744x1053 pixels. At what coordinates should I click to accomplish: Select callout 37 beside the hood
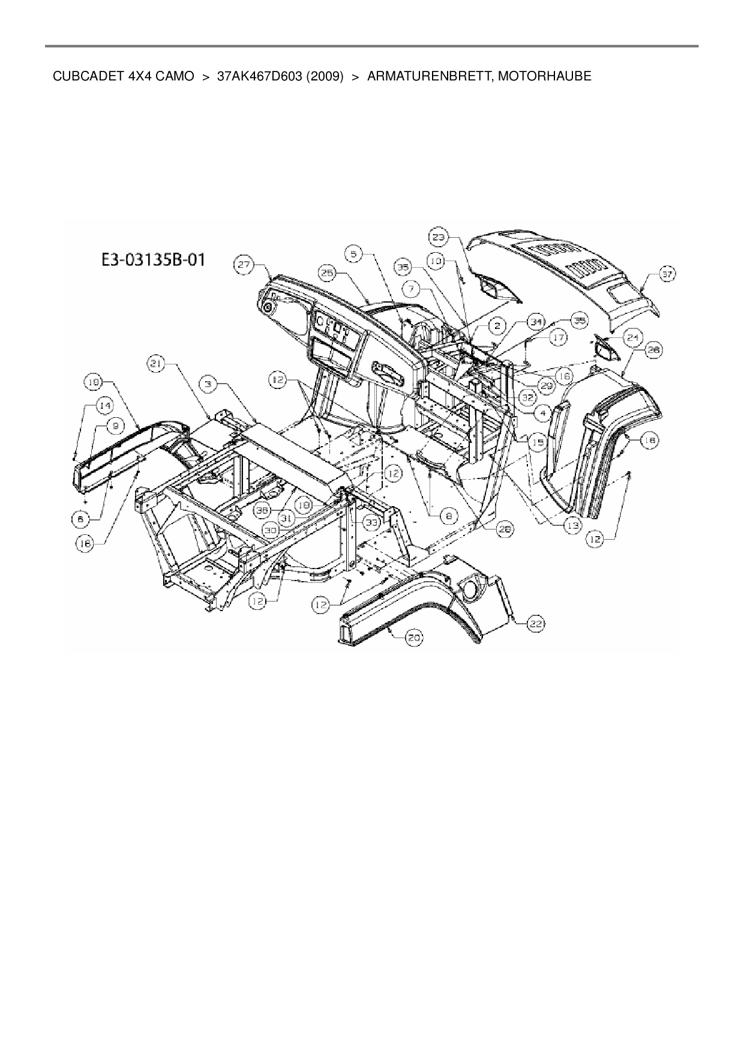coord(667,274)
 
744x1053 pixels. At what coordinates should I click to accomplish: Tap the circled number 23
coord(439,237)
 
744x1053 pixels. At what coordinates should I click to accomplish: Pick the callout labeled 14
coord(106,406)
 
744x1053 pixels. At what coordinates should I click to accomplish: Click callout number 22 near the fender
coord(535,624)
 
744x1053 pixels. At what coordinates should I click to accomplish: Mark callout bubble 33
coord(372,523)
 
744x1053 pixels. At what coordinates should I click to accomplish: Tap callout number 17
coord(559,338)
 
